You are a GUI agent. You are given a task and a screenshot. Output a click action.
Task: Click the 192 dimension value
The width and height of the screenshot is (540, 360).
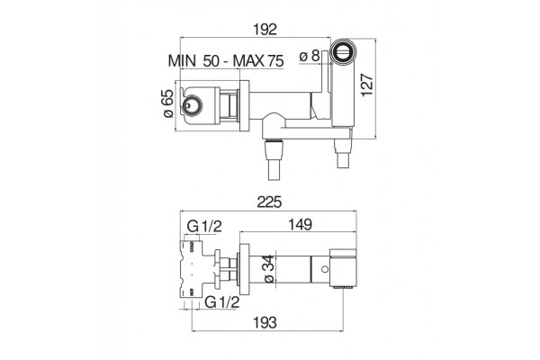[265, 30]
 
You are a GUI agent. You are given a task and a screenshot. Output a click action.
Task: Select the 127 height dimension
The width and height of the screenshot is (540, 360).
[367, 85]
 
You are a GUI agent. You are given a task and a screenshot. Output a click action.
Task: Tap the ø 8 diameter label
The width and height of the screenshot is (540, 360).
[310, 56]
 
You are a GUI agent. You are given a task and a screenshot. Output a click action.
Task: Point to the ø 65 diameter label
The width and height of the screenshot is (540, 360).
[167, 103]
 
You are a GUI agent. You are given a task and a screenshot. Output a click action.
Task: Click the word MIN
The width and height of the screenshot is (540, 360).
[182, 61]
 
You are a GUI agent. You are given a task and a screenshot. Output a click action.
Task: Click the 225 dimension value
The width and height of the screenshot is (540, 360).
[270, 202]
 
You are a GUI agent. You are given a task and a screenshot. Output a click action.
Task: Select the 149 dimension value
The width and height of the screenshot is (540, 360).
[300, 224]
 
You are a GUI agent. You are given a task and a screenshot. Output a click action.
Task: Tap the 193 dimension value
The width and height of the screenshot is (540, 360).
[265, 323]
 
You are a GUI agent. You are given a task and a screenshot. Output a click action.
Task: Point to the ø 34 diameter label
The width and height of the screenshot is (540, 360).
[269, 269]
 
